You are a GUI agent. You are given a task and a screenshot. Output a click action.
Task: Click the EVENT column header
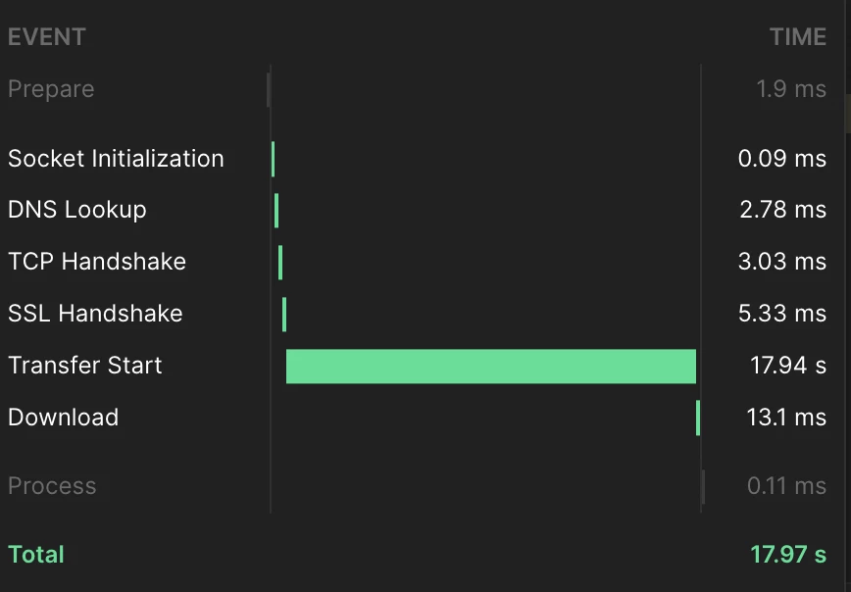pyautogui.click(x=47, y=37)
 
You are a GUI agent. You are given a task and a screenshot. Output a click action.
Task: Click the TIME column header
pyautogui.click(x=798, y=37)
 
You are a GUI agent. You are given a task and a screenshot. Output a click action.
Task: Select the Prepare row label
pyautogui.click(x=51, y=89)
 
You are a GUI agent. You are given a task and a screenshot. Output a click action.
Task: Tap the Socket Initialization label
pyautogui.click(x=116, y=159)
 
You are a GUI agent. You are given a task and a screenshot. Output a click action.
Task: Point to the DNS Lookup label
pyautogui.click(x=77, y=210)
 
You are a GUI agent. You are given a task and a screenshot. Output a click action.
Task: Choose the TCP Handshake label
pyautogui.click(x=97, y=262)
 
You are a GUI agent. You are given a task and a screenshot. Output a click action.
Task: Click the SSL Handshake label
pyautogui.click(x=95, y=314)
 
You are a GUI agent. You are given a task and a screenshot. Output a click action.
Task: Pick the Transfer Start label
pyautogui.click(x=84, y=366)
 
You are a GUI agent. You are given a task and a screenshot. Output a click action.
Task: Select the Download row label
pyautogui.click(x=63, y=418)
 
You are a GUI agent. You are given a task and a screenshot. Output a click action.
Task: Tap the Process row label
pyautogui.click(x=52, y=485)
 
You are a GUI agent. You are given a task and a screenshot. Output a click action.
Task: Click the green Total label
pyautogui.click(x=36, y=555)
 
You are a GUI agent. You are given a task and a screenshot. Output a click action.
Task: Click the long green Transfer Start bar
pyautogui.click(x=490, y=367)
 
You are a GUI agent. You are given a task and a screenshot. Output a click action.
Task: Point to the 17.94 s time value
pyautogui.click(x=788, y=366)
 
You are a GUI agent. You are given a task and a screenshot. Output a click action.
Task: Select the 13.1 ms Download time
pyautogui.click(x=786, y=418)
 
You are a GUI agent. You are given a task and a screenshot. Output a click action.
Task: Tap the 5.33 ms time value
pyautogui.click(x=782, y=314)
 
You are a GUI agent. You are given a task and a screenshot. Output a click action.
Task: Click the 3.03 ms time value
pyautogui.click(x=782, y=262)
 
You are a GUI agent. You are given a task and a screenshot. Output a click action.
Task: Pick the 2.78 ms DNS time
pyautogui.click(x=782, y=210)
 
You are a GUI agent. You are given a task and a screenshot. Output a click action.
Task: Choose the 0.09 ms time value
pyautogui.click(x=782, y=159)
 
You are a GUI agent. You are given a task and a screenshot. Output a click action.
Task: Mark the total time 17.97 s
pyautogui.click(x=788, y=555)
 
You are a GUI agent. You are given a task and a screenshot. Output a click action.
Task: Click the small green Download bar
pyautogui.click(x=698, y=418)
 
